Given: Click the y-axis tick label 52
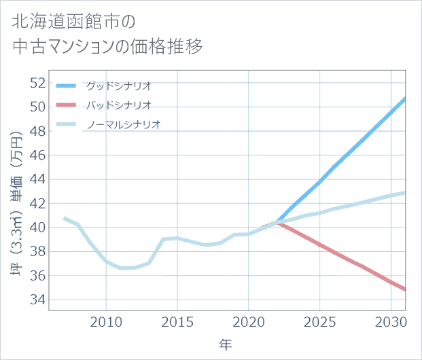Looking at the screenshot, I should pyautogui.click(x=37, y=83).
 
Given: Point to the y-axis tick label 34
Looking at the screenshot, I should pyautogui.click(x=37, y=300).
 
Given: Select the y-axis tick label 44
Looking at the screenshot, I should pyautogui.click(x=37, y=179).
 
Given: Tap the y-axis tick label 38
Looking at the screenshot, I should pyautogui.click(x=37, y=251).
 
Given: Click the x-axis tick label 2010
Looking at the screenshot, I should pyautogui.click(x=107, y=321).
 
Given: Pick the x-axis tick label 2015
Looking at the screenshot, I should pyautogui.click(x=177, y=321).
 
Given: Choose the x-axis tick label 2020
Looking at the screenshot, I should pyautogui.click(x=249, y=321).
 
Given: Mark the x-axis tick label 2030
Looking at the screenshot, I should pyautogui.click(x=391, y=321).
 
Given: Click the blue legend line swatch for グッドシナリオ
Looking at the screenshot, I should pyautogui.click(x=67, y=86).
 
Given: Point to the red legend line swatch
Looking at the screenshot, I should pyautogui.click(x=67, y=105).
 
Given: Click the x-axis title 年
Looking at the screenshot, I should pyautogui.click(x=226, y=344).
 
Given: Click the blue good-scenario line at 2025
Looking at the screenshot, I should pyautogui.click(x=319, y=181).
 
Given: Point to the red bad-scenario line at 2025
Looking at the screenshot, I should pyautogui.click(x=319, y=244).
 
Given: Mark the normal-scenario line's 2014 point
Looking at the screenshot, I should pyautogui.click(x=163, y=239).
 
